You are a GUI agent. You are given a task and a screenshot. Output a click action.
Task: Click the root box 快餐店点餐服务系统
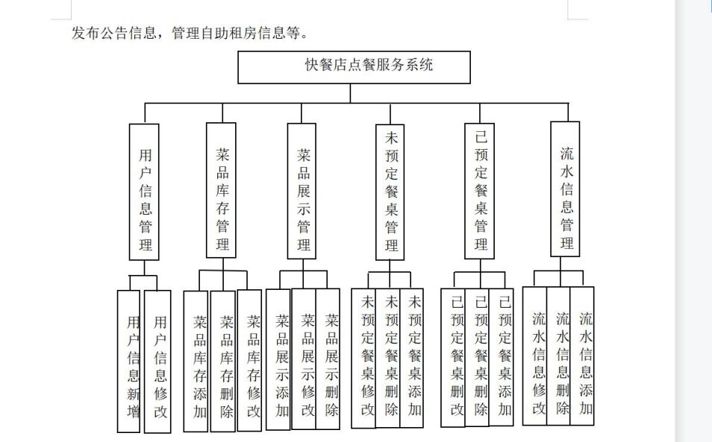point(355,67)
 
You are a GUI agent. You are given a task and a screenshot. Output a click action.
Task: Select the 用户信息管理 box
point(144,192)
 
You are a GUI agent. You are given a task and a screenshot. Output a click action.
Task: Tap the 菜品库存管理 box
point(221,190)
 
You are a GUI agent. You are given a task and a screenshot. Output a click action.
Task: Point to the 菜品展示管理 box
point(302,192)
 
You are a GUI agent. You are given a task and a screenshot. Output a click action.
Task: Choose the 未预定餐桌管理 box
point(390,192)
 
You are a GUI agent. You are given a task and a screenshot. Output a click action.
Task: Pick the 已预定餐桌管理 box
point(479,192)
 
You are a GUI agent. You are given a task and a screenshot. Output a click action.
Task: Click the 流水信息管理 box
point(565,189)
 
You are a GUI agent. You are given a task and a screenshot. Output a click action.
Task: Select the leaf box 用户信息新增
point(128,362)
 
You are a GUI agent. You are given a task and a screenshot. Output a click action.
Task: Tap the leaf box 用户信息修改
point(157,362)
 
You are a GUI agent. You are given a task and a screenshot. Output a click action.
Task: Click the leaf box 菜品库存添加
point(196,361)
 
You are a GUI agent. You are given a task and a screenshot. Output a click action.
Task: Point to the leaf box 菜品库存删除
point(223,361)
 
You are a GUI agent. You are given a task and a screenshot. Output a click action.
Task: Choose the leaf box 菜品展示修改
point(304,359)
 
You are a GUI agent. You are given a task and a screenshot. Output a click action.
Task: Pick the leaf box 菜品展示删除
point(328,359)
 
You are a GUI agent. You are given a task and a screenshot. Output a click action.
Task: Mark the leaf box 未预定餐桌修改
point(363,358)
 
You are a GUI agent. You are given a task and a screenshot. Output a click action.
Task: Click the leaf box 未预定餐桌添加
point(412,358)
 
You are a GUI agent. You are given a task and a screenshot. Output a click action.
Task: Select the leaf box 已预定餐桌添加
point(502,357)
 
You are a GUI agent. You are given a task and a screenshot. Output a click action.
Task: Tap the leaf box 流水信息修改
point(535,356)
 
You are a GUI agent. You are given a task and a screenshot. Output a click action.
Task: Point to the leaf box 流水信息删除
point(558,356)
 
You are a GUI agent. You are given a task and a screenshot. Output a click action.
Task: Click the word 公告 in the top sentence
point(113,33)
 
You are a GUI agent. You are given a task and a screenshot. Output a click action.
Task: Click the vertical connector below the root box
point(350,93)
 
